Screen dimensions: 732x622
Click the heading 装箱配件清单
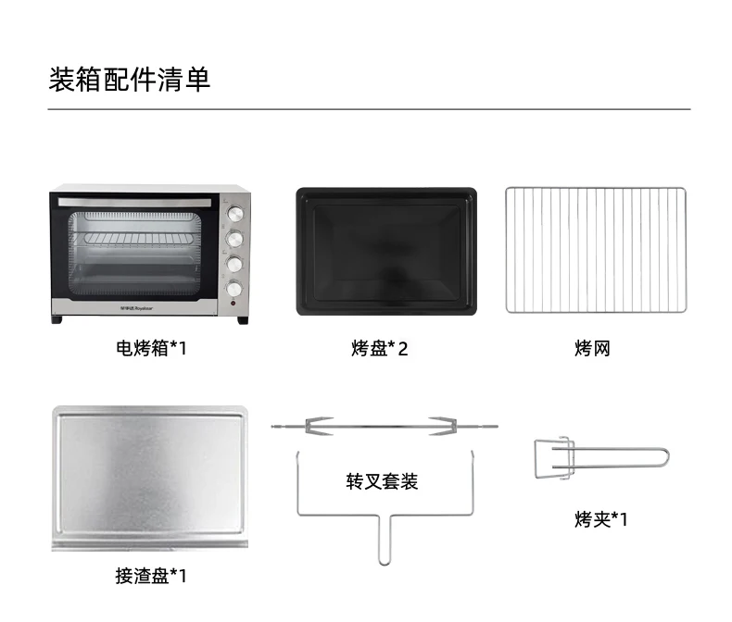point(130,79)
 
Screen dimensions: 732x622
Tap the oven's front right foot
point(242,320)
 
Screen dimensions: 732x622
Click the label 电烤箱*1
point(151,349)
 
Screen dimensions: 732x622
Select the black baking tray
point(385,252)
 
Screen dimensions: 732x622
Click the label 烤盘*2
point(380,349)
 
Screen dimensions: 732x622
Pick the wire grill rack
point(596,250)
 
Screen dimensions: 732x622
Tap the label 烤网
point(592,349)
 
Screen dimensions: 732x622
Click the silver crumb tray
point(149,478)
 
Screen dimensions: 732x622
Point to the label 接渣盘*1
point(151,576)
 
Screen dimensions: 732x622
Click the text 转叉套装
point(382,481)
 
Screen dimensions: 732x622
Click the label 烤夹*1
point(600,519)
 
